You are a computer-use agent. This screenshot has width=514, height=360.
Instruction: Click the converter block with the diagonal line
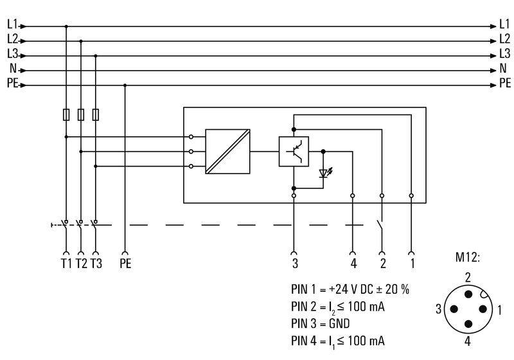(x=227, y=152)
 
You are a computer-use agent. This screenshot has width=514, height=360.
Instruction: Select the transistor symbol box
(x=294, y=152)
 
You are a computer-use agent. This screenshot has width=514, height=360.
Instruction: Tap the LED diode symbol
(x=324, y=174)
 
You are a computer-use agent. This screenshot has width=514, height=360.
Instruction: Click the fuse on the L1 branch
(x=66, y=114)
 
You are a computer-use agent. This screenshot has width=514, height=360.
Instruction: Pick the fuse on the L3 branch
(x=96, y=114)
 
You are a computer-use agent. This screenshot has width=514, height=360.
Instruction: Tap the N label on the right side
(x=503, y=70)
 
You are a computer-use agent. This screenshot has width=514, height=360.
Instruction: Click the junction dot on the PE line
(x=125, y=85)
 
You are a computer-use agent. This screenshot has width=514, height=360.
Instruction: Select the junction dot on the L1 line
(x=66, y=26)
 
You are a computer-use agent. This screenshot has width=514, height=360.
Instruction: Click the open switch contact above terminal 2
(x=380, y=228)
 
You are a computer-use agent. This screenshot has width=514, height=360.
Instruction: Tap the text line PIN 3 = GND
(x=322, y=323)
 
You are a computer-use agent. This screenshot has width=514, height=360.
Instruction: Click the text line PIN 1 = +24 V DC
(x=350, y=289)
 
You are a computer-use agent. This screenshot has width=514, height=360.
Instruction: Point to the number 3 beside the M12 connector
(x=439, y=310)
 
